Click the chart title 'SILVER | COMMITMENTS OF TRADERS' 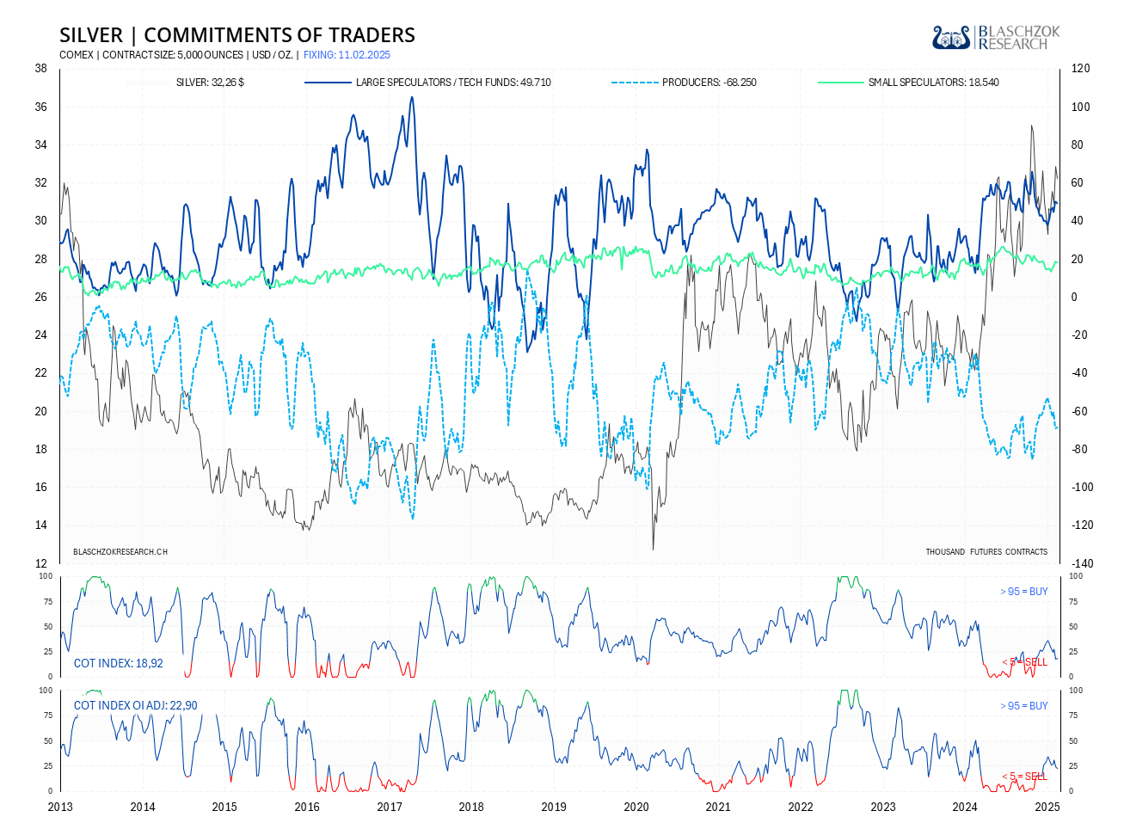(237, 35)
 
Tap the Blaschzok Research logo (996, 37)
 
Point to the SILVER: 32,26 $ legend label (210, 83)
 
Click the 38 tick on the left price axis (40, 69)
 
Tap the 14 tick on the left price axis (40, 525)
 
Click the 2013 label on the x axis (60, 807)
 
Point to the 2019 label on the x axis (554, 807)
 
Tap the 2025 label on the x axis (1047, 807)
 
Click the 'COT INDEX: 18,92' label (119, 663)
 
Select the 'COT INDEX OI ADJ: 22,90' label (136, 705)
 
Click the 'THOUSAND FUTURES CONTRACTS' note (986, 551)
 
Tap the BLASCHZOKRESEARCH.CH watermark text (120, 551)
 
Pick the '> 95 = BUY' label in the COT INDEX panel (1024, 592)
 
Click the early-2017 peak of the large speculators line (412, 97)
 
